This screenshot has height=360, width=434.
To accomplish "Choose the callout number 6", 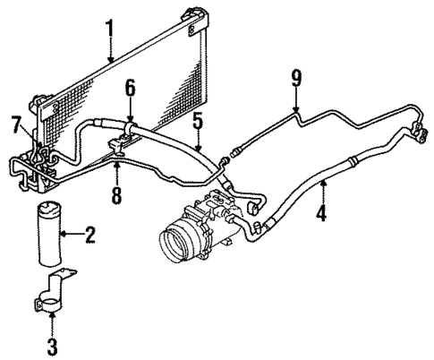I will [130, 87].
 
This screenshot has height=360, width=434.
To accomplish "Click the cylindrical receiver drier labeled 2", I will [48, 234].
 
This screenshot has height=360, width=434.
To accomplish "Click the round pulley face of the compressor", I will [176, 244].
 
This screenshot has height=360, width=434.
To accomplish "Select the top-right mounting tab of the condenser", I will [193, 13].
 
